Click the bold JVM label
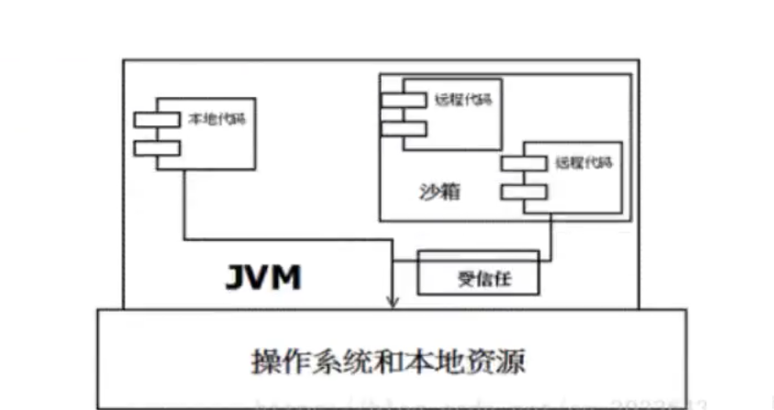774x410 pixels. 263,277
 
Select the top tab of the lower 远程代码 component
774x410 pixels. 523,163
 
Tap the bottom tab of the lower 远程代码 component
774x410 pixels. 523,192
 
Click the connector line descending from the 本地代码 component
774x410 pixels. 186,206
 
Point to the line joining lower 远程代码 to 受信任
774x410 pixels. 550,238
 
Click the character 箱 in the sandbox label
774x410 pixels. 447,194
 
